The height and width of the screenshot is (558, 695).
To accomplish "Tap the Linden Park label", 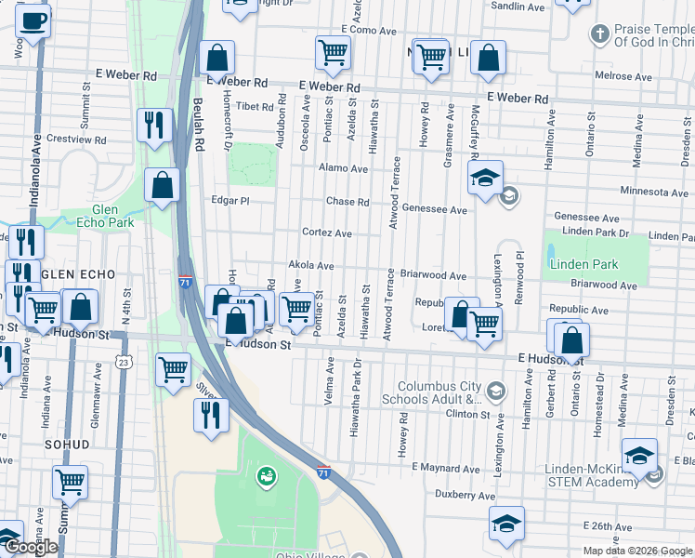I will coord(583,265).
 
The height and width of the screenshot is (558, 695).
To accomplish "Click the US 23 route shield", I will coord(124,361).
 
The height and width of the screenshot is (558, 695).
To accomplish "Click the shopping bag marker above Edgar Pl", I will coord(163,184).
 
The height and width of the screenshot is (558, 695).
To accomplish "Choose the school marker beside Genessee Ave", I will coord(484,179).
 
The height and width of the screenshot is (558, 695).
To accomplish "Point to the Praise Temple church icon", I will coord(600,34).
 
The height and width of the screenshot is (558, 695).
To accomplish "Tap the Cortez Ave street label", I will coord(326,232).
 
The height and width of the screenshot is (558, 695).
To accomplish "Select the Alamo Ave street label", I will coord(344,169).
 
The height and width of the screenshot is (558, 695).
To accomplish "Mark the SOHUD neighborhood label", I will coord(68,445).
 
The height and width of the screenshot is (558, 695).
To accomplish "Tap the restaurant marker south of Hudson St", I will coord(210,413).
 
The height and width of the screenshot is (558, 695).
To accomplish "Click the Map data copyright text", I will coord(636,551).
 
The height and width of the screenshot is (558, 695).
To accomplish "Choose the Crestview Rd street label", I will coord(76,139).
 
